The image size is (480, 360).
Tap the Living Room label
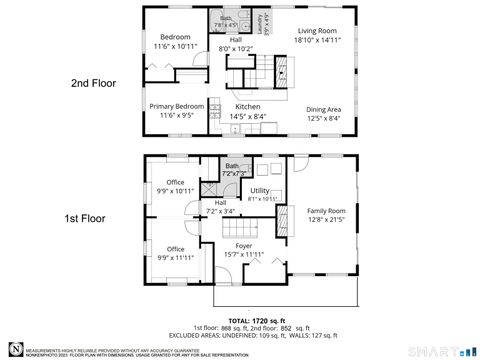315,31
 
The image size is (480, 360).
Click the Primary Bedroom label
177,106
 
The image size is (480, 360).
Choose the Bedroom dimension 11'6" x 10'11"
176,46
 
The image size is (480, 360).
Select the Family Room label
326,211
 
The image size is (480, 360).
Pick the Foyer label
243,245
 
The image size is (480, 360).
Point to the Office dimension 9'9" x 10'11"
175,191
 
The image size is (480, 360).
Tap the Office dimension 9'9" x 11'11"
175,257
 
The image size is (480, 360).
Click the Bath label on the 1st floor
232,166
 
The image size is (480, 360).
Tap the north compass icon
13,346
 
